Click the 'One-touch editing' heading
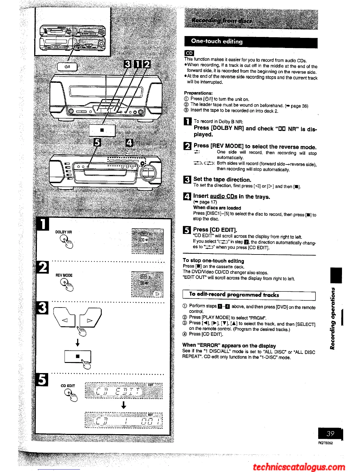click(x=217, y=41)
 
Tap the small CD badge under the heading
click(x=189, y=53)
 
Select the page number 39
click(x=330, y=434)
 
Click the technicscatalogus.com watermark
click(x=299, y=467)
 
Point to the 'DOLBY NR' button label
click(x=63, y=232)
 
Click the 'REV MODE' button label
click(x=64, y=275)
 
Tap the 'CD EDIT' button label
click(x=68, y=386)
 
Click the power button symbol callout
click(x=67, y=67)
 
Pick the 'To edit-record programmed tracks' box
click(x=249, y=295)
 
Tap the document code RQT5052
click(x=325, y=443)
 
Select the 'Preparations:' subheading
click(x=198, y=93)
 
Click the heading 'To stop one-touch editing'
click(x=213, y=261)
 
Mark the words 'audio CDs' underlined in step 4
click(x=223, y=196)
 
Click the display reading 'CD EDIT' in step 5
click(x=123, y=391)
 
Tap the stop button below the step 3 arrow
click(x=78, y=356)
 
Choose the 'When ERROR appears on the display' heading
click(x=229, y=346)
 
